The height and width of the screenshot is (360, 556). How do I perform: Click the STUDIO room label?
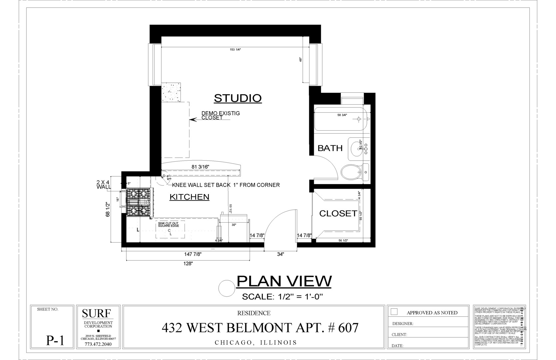click(x=238, y=98)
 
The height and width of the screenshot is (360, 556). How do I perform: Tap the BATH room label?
click(x=330, y=148)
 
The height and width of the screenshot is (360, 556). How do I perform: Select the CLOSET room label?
click(x=338, y=213)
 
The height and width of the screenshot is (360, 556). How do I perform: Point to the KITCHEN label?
click(x=189, y=197)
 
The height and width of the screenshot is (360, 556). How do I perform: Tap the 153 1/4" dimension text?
click(x=235, y=49)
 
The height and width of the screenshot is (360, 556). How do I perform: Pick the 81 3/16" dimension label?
click(x=200, y=167)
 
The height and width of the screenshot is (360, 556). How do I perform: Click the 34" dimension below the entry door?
click(x=280, y=254)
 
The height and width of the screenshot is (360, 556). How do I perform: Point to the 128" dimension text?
click(x=188, y=264)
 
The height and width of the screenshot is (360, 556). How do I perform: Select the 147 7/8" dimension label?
click(x=193, y=254)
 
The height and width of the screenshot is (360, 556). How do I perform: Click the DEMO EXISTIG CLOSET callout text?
click(x=220, y=115)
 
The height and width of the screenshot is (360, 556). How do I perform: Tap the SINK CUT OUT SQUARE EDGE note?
click(x=168, y=225)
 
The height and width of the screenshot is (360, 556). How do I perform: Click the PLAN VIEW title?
click(x=284, y=281)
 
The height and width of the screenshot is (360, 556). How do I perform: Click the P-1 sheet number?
click(x=55, y=340)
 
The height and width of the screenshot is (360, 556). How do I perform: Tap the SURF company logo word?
click(x=96, y=313)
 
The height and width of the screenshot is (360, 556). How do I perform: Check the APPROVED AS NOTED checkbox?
click(x=394, y=312)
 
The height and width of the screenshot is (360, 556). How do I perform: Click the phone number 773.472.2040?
click(x=98, y=344)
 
